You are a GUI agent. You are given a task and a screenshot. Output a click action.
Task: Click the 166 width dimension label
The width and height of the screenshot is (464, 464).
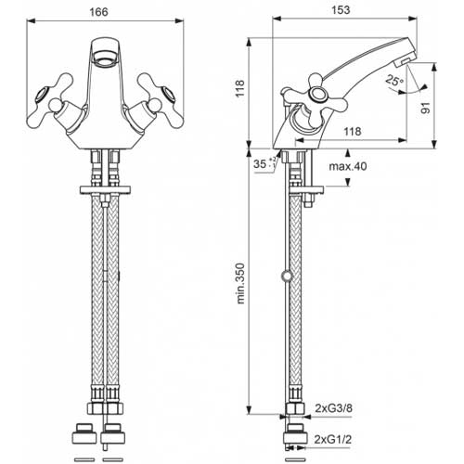click(x=98, y=12)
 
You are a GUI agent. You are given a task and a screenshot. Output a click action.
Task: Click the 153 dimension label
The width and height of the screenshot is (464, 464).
click(x=341, y=10)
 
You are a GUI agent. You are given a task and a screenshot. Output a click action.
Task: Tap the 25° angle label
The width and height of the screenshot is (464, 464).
click(x=394, y=81)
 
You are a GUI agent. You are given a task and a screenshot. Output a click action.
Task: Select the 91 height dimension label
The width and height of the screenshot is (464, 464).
click(x=426, y=108)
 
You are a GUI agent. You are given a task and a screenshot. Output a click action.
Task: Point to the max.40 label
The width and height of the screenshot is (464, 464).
click(x=348, y=166)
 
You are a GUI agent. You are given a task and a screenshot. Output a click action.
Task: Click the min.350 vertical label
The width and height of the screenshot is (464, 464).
click(x=240, y=283)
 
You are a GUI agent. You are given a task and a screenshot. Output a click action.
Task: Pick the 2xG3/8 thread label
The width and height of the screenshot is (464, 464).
click(x=333, y=408)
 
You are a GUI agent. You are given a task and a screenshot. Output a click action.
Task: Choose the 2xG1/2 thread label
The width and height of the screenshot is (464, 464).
click(x=333, y=439)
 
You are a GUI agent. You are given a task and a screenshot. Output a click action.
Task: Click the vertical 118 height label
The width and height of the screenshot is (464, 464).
click(x=240, y=88)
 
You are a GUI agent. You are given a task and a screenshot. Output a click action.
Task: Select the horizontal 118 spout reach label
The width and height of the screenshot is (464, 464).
click(x=353, y=132)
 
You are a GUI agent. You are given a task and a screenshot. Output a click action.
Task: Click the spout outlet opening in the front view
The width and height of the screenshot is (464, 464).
click(x=105, y=58)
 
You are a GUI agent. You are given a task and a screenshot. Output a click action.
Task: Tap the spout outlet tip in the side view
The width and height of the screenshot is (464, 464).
click(x=406, y=59)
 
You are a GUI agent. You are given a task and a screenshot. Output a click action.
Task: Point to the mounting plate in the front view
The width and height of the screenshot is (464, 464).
click(x=105, y=190)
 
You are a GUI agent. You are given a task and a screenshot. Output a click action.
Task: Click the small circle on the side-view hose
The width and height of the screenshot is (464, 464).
click(x=286, y=276)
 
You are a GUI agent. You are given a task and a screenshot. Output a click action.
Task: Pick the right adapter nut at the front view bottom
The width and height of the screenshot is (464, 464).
click(x=112, y=433)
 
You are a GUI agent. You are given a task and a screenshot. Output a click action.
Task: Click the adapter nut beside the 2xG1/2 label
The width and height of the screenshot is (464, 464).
click(x=296, y=434)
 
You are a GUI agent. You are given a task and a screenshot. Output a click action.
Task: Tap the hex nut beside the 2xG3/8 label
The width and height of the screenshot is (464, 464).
click(x=295, y=408)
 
